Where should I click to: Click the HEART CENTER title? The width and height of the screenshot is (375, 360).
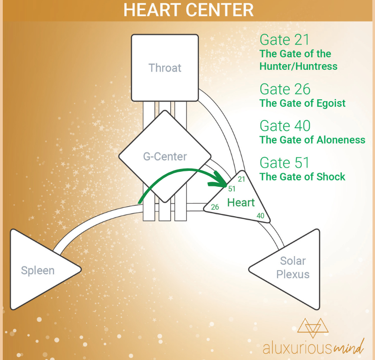[188, 10]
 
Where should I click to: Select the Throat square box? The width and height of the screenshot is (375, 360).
[165, 67]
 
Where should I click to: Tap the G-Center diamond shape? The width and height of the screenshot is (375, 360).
[165, 156]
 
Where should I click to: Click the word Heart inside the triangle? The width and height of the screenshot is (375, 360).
[241, 203]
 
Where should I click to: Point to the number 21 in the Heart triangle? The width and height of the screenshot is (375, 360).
[241, 179]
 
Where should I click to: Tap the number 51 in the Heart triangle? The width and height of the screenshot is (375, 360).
[232, 189]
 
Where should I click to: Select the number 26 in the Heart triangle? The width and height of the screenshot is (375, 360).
[215, 207]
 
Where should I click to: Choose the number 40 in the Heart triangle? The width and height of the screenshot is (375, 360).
[261, 216]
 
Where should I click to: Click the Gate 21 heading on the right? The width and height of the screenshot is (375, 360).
[285, 40]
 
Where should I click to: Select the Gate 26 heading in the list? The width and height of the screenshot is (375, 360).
[285, 89]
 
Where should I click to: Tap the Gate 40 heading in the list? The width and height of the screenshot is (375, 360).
[285, 125]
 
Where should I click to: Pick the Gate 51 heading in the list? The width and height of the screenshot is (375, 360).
[285, 163]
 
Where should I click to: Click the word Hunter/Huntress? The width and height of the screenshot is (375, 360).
[299, 66]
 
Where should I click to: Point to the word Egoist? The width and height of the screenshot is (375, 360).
[331, 103]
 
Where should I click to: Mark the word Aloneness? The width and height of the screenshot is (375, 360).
[341, 140]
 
